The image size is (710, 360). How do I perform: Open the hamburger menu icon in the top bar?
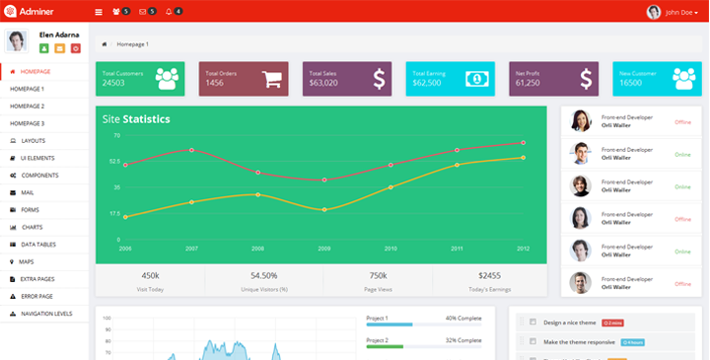click(x=98, y=12)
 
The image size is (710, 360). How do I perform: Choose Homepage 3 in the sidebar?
click(x=28, y=123)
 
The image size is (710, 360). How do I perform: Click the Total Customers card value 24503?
click(x=113, y=83)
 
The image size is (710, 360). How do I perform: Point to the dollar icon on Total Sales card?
click(x=379, y=79)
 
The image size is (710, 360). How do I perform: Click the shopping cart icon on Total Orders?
click(x=273, y=79)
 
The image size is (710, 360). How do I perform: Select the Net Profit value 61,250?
click(x=528, y=83)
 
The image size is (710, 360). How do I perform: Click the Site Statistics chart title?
click(x=136, y=119)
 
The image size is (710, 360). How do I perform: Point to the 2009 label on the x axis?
click(x=324, y=249)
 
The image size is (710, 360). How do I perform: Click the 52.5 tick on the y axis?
click(x=115, y=161)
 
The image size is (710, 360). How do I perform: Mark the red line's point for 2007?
click(x=191, y=150)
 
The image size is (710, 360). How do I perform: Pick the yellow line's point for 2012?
click(x=523, y=157)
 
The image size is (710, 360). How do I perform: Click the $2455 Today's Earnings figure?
click(x=489, y=276)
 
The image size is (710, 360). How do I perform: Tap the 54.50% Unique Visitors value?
click(x=263, y=276)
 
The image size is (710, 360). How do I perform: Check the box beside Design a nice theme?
click(x=532, y=323)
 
